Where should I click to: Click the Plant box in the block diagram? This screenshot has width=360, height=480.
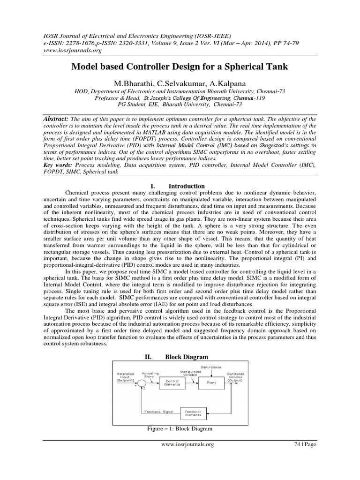click(211, 382)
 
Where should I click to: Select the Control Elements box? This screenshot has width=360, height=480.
click(172, 382)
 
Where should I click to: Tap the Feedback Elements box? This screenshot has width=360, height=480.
click(193, 412)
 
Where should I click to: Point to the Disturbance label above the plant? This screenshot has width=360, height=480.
click(211, 366)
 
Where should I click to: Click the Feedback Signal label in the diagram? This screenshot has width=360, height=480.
click(158, 412)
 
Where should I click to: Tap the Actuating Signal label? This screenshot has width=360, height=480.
click(150, 375)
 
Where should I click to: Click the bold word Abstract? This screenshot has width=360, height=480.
click(56, 120)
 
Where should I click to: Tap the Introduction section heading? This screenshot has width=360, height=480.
click(187, 186)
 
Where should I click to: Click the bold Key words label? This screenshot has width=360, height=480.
click(58, 165)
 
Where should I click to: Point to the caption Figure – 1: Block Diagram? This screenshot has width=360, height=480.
click(180, 429)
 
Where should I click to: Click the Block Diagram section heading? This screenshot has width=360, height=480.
click(187, 357)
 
